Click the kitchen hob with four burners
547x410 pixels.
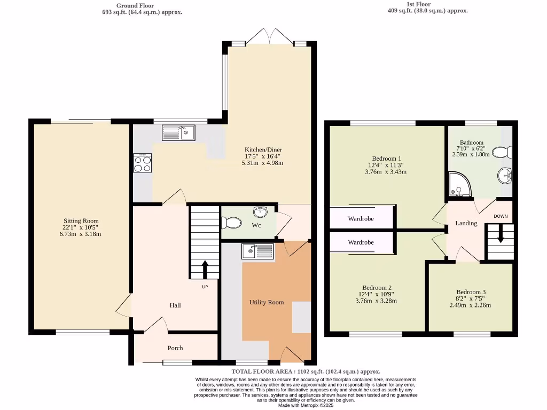[x=143, y=163]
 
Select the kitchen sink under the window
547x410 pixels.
[x=179, y=132]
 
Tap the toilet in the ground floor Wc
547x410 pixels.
[x=231, y=221]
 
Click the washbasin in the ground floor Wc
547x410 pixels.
[x=261, y=212]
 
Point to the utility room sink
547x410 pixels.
[x=257, y=251]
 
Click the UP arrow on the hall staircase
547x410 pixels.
[x=205, y=269]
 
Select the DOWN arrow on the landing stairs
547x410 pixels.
[x=501, y=235]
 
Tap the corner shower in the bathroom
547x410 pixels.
[x=457, y=183]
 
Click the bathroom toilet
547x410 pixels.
[x=502, y=153]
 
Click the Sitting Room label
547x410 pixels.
[x=81, y=221]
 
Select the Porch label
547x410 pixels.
[x=175, y=348]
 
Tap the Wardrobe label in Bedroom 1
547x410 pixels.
[x=361, y=219]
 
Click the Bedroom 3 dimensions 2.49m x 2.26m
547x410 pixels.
[x=470, y=305]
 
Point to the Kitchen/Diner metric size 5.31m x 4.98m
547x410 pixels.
[x=263, y=163]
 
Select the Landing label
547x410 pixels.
[x=466, y=223]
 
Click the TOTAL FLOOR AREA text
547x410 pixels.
[x=306, y=372]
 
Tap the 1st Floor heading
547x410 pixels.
[x=418, y=5]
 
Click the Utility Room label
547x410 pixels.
[x=267, y=302]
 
